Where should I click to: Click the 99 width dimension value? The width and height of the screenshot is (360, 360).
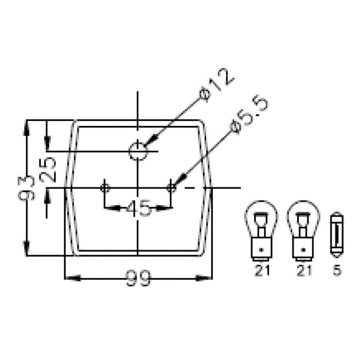138,279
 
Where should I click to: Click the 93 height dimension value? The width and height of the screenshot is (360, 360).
26,188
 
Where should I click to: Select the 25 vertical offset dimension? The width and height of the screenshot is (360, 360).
47,170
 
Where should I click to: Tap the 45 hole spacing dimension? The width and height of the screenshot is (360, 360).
139,208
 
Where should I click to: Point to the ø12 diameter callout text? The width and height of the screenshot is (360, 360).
217,85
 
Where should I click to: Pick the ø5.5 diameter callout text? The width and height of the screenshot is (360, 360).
249,114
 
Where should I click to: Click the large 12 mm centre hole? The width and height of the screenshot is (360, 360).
138,151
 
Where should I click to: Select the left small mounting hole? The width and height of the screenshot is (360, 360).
105,188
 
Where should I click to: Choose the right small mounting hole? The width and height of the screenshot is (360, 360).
171,188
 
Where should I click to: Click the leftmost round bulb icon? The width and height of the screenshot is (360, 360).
261,230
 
